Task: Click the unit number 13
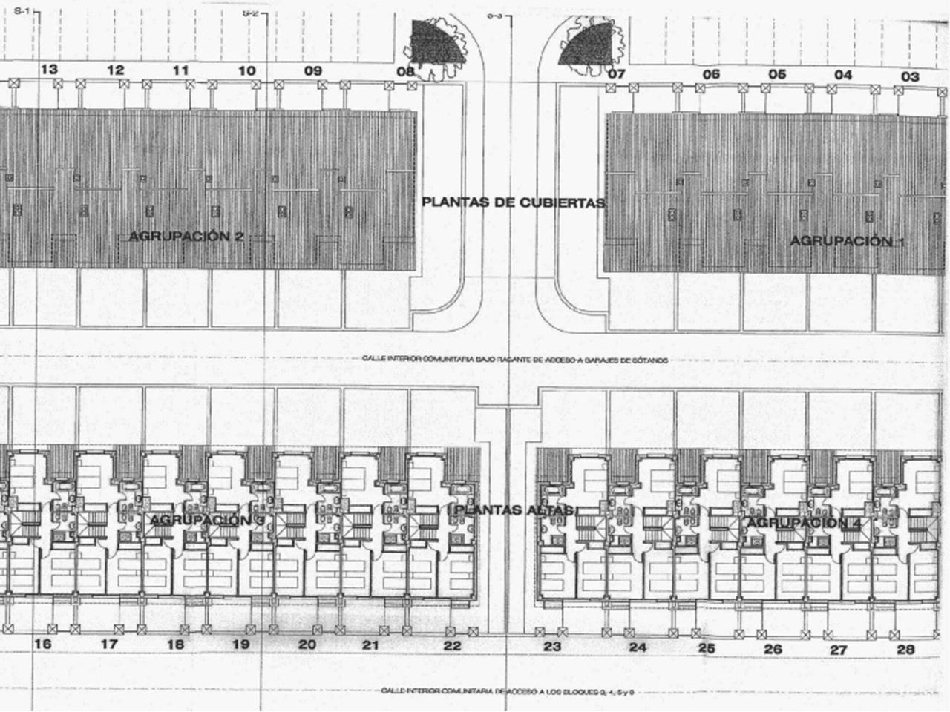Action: (49, 70)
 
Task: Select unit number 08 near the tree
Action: (405, 72)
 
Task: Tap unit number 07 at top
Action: (617, 74)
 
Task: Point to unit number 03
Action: (910, 76)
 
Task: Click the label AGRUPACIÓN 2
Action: (186, 237)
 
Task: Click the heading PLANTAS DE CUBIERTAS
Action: (514, 202)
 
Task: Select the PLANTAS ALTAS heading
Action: (514, 510)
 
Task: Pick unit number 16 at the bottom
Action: (43, 644)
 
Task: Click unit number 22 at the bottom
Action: (452, 646)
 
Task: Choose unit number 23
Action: (552, 646)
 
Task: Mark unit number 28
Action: (905, 650)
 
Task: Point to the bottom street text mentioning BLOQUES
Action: (508, 691)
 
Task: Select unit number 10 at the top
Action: (247, 71)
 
